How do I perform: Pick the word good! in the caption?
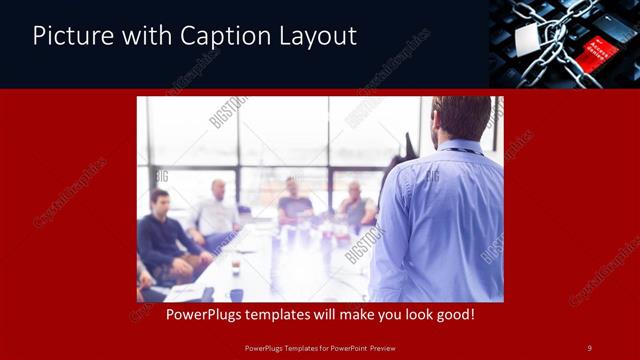pos(452,315)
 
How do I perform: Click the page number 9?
pos(589,347)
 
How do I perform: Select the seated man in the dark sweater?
pos(165,235)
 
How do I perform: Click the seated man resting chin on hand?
pos(355,206)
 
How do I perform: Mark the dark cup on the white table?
pos(236,267)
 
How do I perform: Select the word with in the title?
pos(143,37)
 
